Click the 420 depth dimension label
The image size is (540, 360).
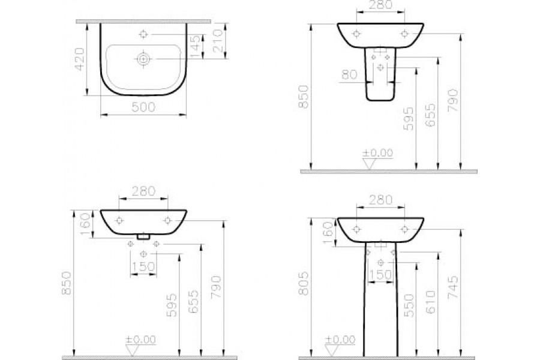point(80,59)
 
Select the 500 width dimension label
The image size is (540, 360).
point(143,107)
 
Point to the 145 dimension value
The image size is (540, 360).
point(195,46)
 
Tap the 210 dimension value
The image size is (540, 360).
point(218,41)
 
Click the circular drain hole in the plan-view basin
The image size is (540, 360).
point(143,59)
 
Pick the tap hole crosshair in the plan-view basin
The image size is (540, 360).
point(143,34)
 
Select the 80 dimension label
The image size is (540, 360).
point(349,74)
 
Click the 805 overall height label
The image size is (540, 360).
point(304,283)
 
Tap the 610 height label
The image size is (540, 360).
point(430,302)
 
